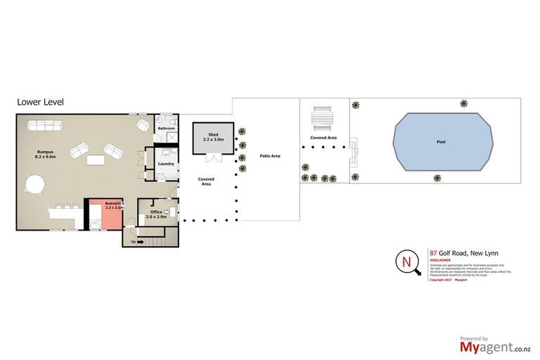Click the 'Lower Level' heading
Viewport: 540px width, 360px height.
point(40,102)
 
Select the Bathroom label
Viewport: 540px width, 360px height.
point(167,129)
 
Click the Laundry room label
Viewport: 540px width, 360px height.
point(167,165)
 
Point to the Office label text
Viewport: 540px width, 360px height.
point(156,212)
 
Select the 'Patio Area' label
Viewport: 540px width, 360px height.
point(270,155)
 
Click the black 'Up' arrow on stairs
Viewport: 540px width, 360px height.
point(139,242)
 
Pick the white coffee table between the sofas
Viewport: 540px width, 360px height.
point(96,160)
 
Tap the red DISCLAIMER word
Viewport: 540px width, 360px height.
point(441,259)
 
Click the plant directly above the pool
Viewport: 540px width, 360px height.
point(463,103)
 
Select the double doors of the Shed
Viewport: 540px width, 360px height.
point(213,157)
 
